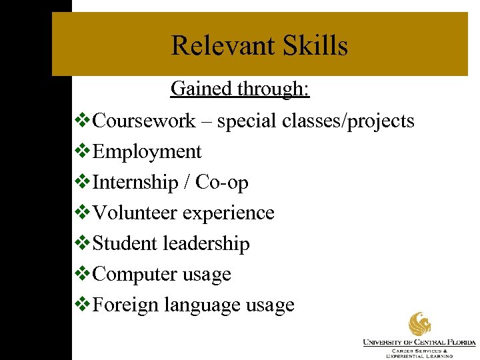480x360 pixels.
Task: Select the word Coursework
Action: tap(145, 121)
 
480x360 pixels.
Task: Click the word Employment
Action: tap(147, 152)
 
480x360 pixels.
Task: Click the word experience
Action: tap(229, 213)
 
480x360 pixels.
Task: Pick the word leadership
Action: tap(206, 244)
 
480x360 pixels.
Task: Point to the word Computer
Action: tap(135, 275)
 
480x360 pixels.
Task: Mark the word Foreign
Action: tap(125, 305)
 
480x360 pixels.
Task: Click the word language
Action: tap(202, 305)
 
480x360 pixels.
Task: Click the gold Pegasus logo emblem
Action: tap(419, 325)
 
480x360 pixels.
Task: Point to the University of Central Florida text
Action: tap(419, 343)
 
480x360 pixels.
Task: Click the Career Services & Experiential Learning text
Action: tap(419, 353)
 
